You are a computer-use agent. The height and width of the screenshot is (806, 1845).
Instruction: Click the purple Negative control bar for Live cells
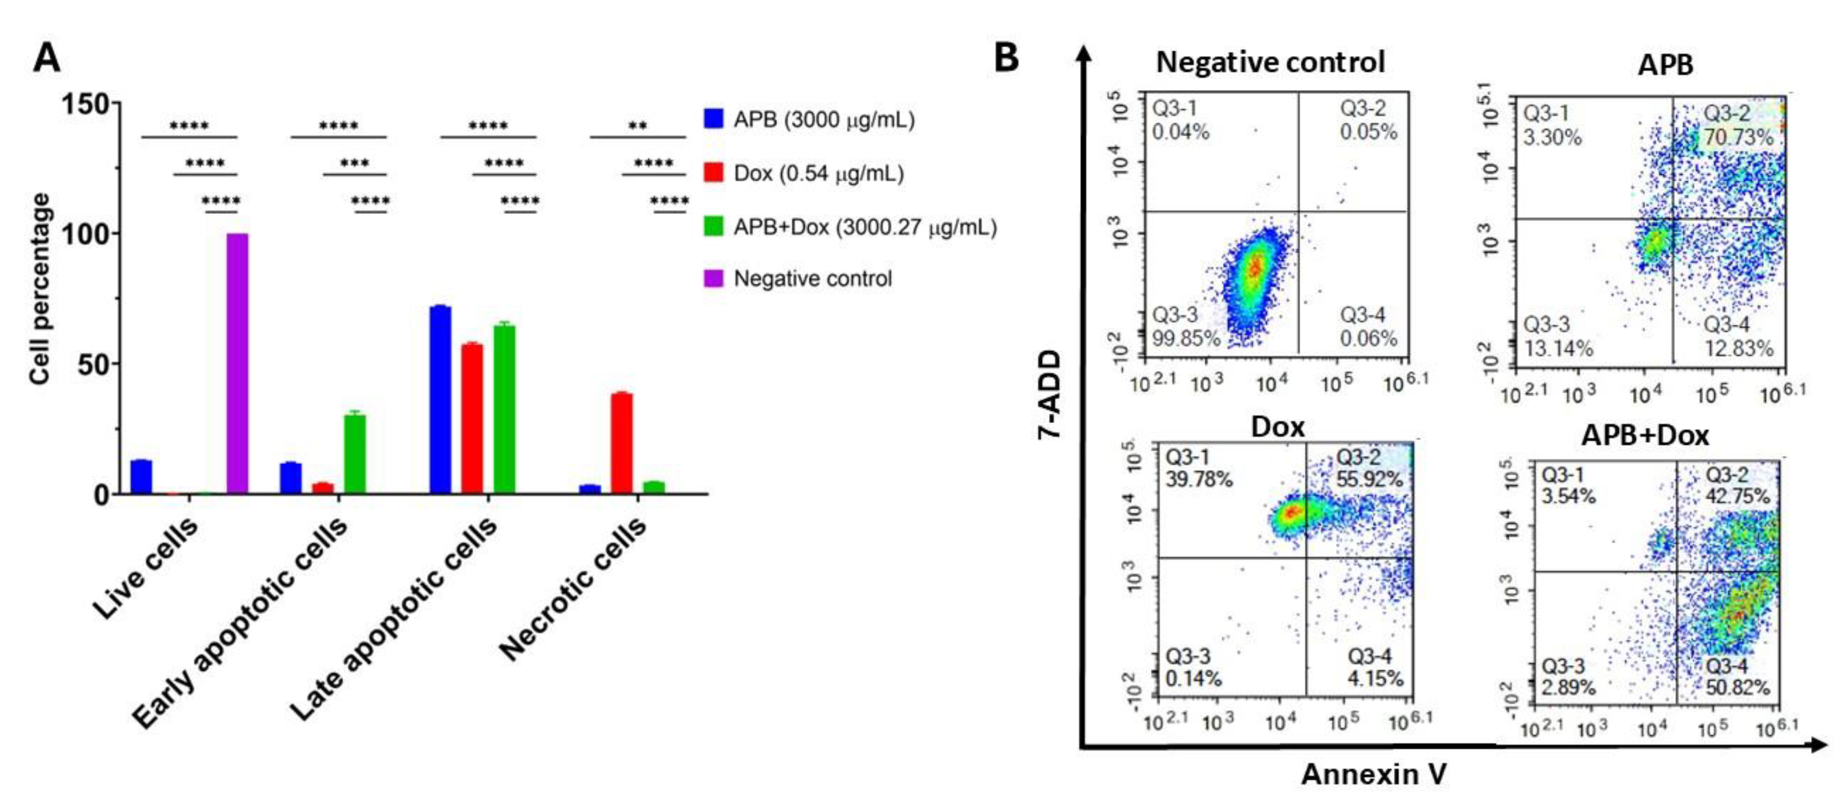tap(237, 364)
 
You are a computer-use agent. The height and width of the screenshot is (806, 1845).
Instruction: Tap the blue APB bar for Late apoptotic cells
tap(440, 400)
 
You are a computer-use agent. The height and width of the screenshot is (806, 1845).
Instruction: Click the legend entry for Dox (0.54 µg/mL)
tap(818, 173)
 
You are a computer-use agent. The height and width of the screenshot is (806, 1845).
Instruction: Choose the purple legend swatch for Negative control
tap(714, 278)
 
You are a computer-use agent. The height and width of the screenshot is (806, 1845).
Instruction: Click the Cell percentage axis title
tap(41, 289)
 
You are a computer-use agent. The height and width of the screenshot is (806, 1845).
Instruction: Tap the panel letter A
tap(47, 57)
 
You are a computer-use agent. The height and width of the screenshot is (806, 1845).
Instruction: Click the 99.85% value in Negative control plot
tap(1185, 338)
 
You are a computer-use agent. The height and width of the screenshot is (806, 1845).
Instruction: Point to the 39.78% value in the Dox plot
tap(1199, 479)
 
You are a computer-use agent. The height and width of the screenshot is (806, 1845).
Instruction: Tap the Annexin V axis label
tap(1374, 774)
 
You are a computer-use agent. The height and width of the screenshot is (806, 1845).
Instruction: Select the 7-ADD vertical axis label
tap(1050, 394)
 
